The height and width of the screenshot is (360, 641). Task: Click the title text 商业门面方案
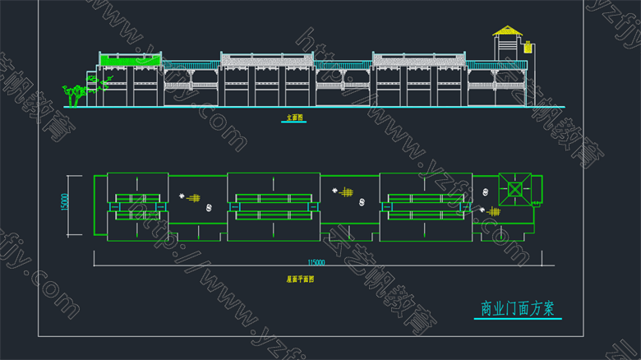(x=517, y=309)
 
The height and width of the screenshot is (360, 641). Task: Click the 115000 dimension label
(x=316, y=262)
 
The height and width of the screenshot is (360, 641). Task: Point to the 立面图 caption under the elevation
(x=294, y=118)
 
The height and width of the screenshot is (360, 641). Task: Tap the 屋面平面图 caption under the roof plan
(x=300, y=279)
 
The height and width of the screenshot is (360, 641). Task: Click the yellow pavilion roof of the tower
(x=507, y=31)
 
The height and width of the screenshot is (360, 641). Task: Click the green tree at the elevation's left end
(x=76, y=93)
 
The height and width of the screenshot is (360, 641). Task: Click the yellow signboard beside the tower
(x=528, y=47)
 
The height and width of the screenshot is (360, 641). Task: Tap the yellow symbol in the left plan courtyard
(x=195, y=198)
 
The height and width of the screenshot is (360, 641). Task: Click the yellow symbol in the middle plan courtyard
(x=348, y=193)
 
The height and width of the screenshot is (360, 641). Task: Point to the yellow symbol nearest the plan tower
(x=493, y=211)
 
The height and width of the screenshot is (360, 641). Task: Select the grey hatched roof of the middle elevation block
(x=267, y=58)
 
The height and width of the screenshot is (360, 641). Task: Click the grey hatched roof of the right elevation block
(x=419, y=58)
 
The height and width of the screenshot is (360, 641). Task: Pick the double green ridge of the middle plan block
(x=273, y=205)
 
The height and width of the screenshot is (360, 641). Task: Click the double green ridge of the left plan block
(x=137, y=205)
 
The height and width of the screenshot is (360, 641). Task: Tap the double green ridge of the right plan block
(x=426, y=205)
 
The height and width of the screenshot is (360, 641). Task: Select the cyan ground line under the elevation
(x=296, y=107)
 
